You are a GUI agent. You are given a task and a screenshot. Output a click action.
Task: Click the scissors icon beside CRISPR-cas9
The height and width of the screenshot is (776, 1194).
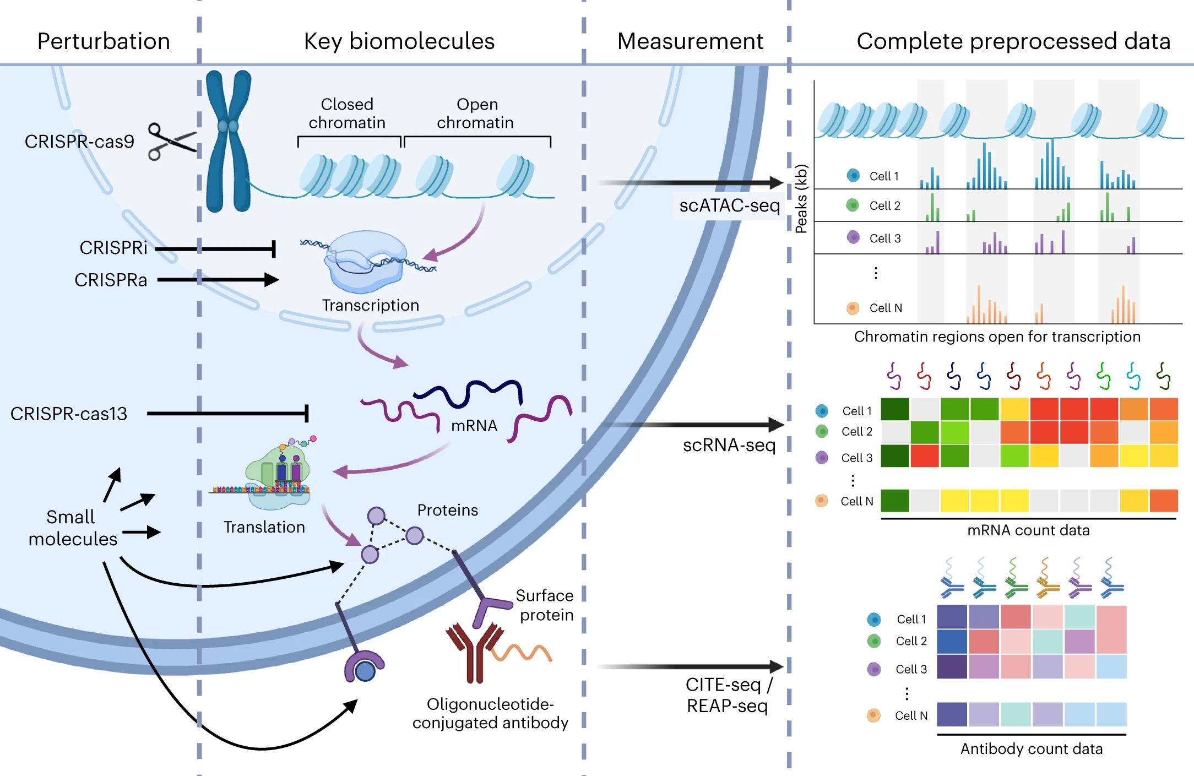171,141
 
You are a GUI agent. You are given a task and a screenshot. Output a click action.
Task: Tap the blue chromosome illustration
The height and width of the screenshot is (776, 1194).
228,141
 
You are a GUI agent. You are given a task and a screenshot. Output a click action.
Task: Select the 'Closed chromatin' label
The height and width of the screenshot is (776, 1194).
347,113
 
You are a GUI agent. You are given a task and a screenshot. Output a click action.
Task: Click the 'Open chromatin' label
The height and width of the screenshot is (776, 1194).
476,113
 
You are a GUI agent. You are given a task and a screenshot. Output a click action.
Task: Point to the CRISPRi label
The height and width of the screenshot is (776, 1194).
113,248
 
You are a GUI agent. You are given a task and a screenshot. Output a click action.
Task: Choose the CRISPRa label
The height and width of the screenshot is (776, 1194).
111,280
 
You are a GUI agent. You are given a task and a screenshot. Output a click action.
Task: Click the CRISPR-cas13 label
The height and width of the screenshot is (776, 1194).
69,414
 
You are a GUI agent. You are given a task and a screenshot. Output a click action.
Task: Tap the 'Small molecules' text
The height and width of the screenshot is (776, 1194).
72,528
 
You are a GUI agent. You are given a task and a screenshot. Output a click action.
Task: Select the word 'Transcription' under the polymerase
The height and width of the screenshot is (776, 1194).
371,305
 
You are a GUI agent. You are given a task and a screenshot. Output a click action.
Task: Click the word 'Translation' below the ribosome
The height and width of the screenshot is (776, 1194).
264,527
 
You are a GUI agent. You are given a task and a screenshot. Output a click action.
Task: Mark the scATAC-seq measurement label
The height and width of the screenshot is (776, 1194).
729,205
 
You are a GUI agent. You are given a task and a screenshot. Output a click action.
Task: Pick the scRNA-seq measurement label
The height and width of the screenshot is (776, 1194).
729,445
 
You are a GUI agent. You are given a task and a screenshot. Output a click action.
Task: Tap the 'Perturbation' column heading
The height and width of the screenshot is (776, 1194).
104,41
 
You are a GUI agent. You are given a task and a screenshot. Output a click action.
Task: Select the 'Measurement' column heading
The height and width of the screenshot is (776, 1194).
690,41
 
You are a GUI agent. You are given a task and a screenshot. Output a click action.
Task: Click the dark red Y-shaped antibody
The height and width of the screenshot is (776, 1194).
474,653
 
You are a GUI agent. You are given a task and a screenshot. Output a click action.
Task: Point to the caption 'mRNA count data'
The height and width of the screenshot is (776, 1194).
1028,530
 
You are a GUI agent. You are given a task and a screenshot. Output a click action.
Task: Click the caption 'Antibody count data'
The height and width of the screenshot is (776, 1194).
1032,749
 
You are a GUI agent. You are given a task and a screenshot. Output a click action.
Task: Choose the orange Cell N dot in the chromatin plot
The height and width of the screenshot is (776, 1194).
853,308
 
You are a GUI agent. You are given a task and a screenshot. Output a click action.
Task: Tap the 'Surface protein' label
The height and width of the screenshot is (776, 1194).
545,605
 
